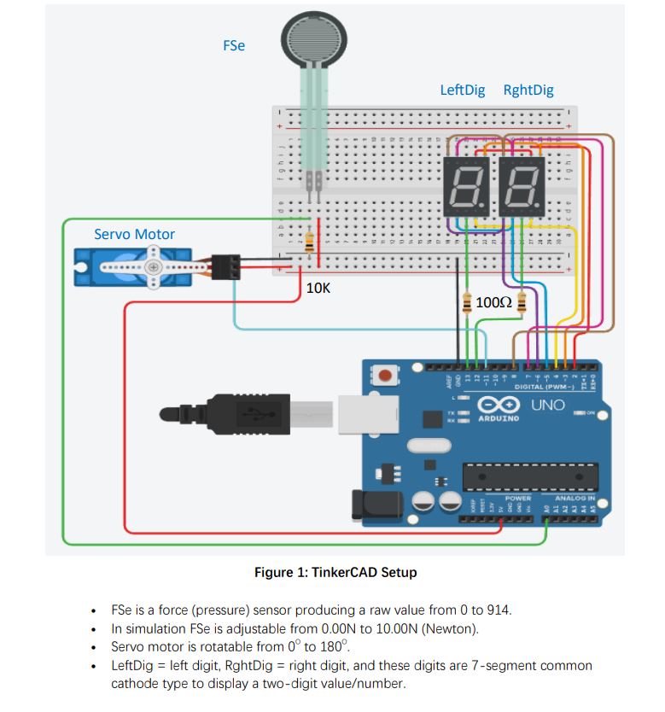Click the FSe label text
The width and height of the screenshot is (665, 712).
coord(234,46)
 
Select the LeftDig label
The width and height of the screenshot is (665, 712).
coord(462,90)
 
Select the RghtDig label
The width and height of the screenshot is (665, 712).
coord(528,90)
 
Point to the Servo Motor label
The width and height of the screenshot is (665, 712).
coord(134,234)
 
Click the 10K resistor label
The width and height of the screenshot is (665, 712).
coord(318,289)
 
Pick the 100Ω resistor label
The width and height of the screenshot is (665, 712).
coord(493,302)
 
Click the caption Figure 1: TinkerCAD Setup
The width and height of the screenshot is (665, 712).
coord(335,572)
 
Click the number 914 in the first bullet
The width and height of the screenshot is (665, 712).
coord(497,610)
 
